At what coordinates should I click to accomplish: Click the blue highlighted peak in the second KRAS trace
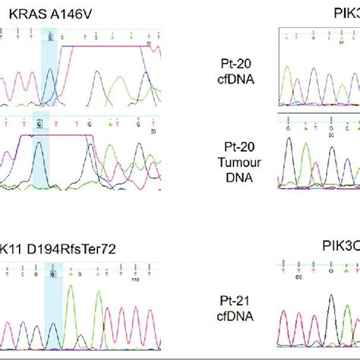pyautogui.click(x=41, y=148)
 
